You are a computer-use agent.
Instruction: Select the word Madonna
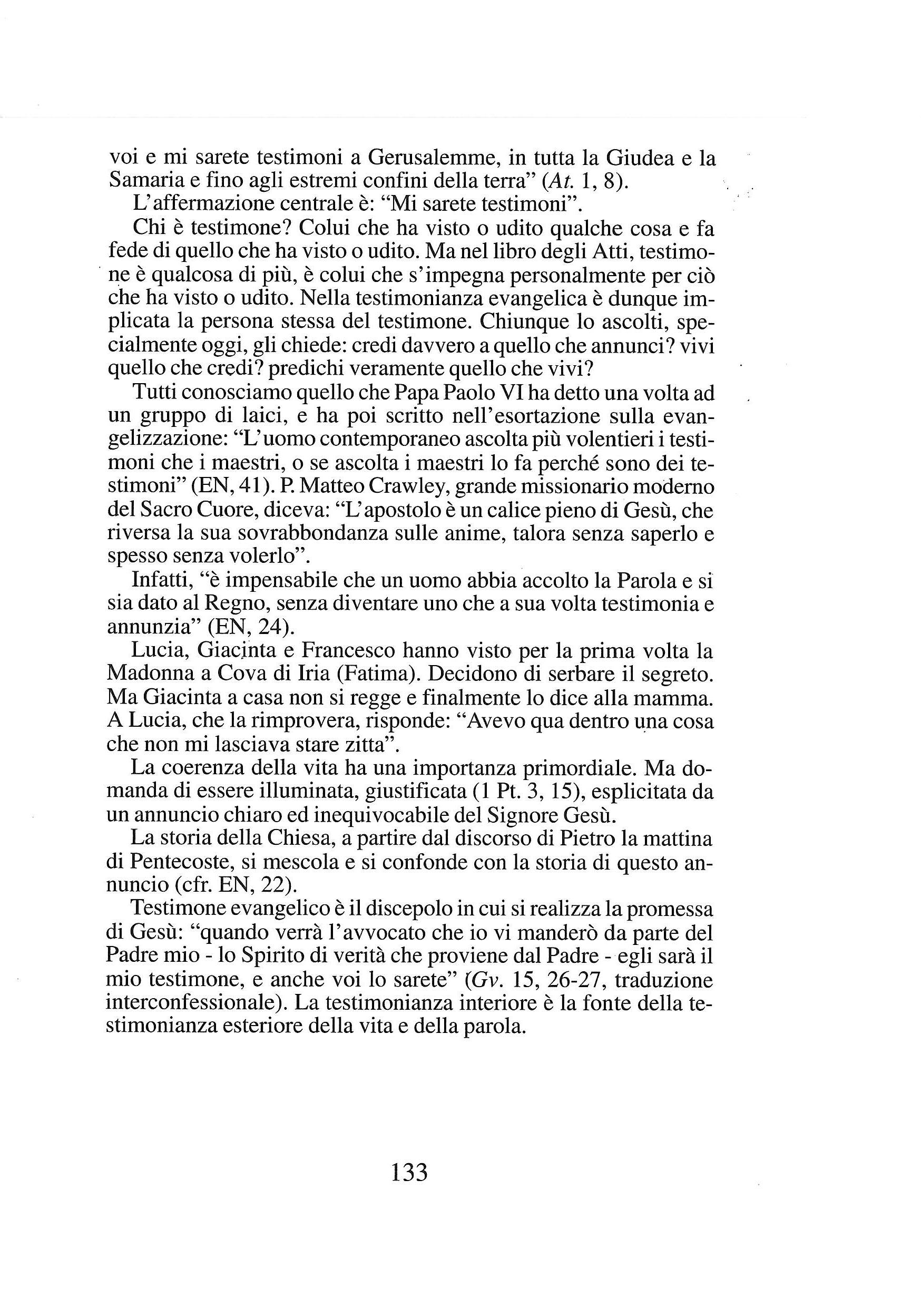point(146,674)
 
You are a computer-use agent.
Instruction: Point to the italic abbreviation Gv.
point(486,980)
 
